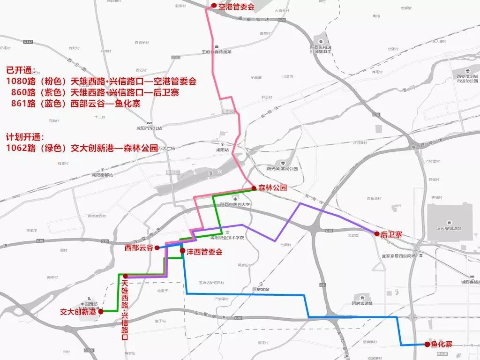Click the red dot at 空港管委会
(214, 6)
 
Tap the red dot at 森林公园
(254, 188)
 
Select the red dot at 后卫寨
(376, 233)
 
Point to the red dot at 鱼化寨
(427, 345)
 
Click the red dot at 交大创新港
(100, 311)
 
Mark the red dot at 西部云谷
(157, 247)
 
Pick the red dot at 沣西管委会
(182, 251)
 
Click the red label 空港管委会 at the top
(236, 7)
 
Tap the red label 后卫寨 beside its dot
(391, 234)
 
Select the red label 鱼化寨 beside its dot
(442, 345)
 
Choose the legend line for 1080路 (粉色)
(101, 81)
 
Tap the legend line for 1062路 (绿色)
(82, 148)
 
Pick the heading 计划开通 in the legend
(24, 137)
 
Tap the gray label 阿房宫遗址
(362, 303)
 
